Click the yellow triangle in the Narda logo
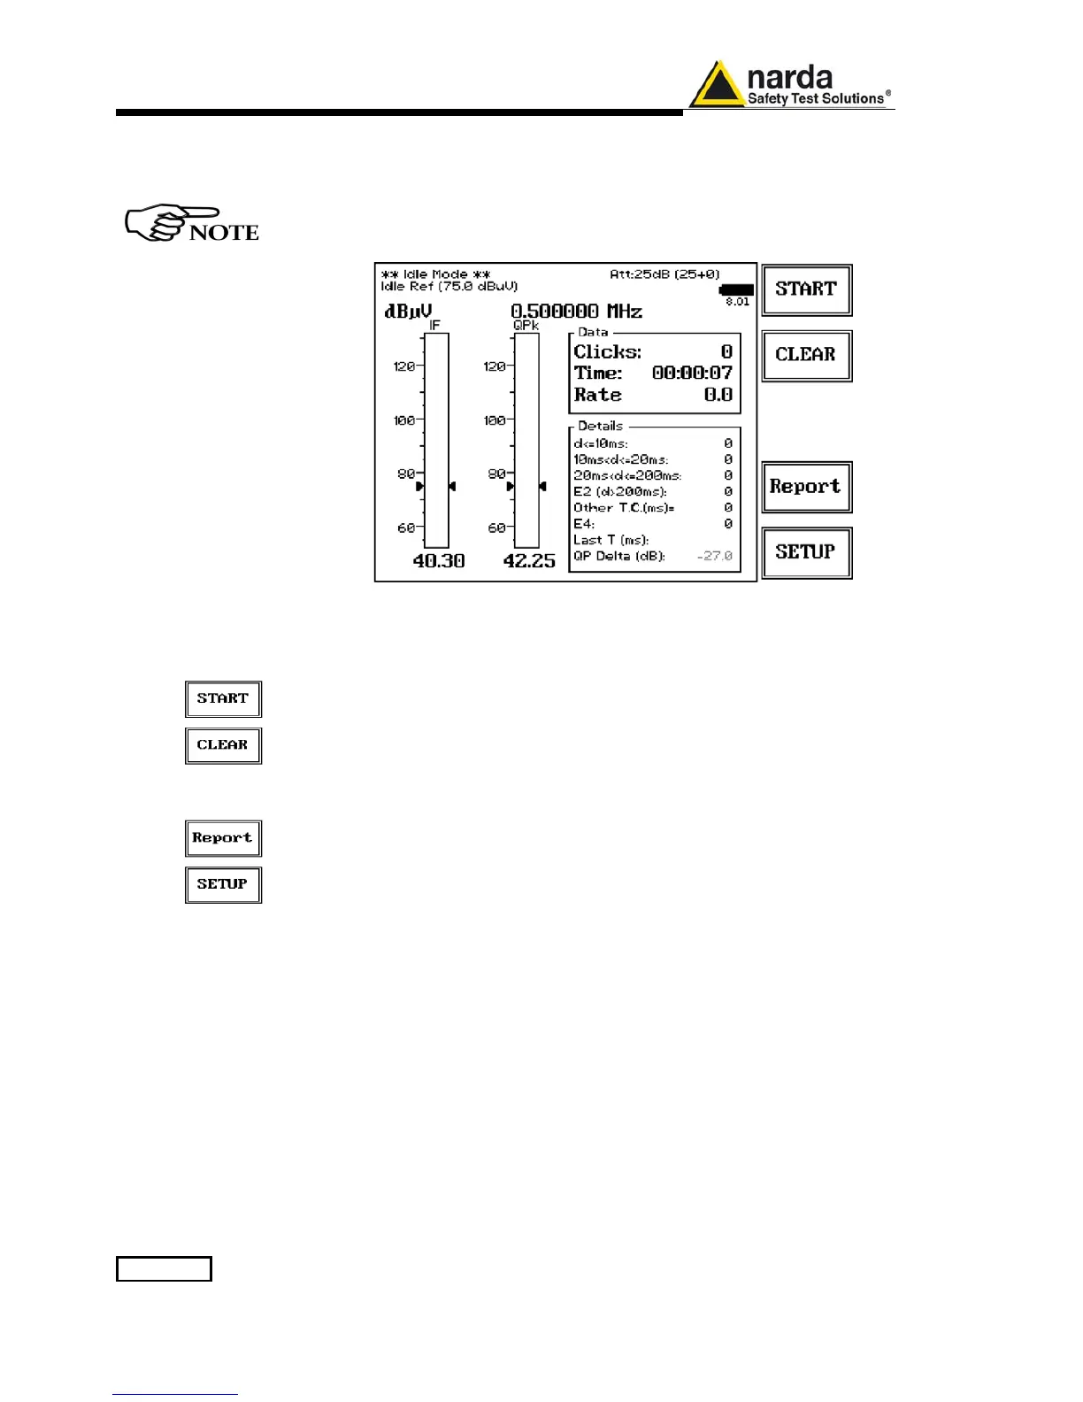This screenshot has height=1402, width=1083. (716, 87)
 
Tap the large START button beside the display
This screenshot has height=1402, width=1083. (806, 289)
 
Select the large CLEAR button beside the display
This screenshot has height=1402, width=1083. (806, 355)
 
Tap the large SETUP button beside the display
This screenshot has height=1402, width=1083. (806, 552)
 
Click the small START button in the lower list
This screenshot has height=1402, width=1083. (223, 699)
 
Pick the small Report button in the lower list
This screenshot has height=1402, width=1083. (223, 838)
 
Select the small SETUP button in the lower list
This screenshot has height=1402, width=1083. (223, 884)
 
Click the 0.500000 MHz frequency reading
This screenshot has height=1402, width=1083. (576, 312)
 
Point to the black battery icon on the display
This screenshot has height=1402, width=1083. (736, 289)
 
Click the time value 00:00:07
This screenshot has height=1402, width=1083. (692, 374)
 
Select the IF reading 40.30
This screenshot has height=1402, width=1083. (439, 561)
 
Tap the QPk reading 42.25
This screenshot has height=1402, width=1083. (529, 561)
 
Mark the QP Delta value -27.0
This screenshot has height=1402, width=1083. (715, 556)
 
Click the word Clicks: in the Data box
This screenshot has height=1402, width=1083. (607, 351)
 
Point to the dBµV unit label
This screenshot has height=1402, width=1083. (407, 312)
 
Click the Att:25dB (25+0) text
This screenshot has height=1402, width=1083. (664, 274)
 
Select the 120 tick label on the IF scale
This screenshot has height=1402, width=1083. (403, 366)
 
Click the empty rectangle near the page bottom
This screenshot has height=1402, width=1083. (164, 1268)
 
